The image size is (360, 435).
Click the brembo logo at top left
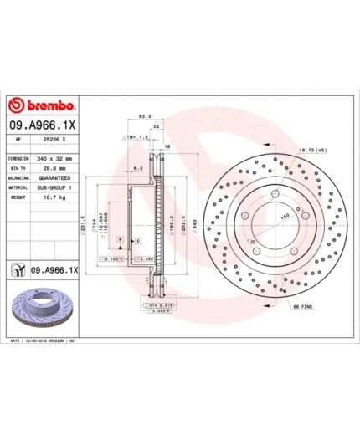(42, 106)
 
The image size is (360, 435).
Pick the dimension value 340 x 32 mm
(55, 158)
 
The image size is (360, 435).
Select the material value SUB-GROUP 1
(55, 188)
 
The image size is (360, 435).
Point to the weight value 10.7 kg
(49, 198)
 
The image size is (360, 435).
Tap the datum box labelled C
(137, 241)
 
